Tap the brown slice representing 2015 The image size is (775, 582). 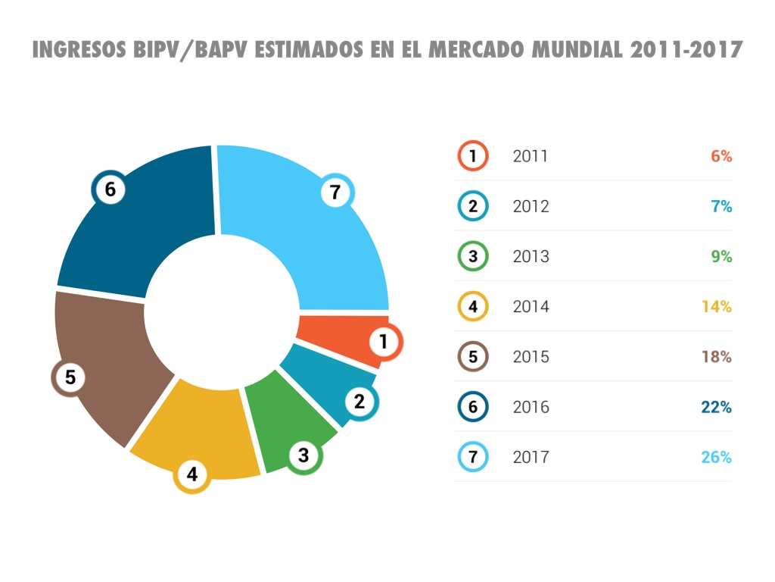point(102,356)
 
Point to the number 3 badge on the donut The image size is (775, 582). point(303,455)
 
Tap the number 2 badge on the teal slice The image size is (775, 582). point(359,402)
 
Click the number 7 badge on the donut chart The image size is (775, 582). point(335,192)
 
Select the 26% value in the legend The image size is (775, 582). point(716,458)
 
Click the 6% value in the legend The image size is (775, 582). point(721,157)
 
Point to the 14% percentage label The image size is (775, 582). point(716,307)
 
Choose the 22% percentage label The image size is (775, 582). point(716,408)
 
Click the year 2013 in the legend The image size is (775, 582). point(531,257)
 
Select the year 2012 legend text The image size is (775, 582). point(531,207)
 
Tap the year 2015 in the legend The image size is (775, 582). point(531,357)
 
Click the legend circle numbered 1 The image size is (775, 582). point(473,157)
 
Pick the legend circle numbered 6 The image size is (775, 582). point(473,408)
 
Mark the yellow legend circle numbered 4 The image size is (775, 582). point(473,307)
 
